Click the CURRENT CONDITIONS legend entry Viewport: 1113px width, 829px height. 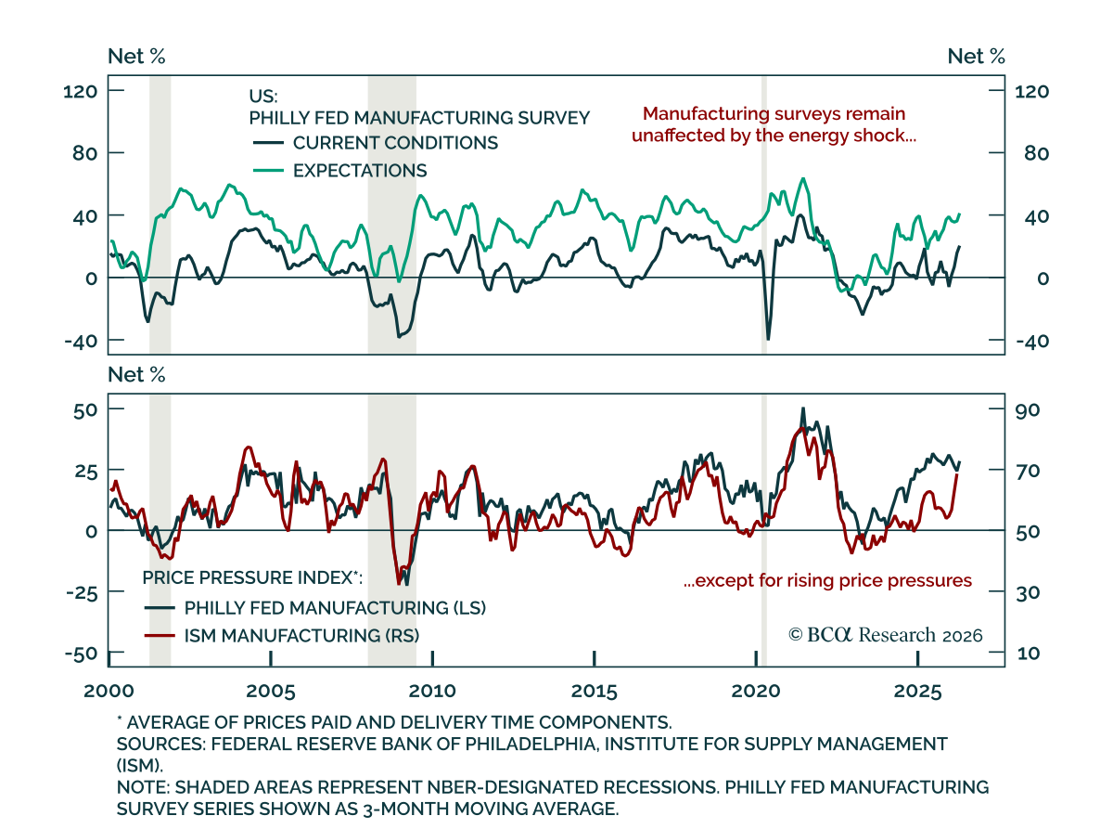coord(376,143)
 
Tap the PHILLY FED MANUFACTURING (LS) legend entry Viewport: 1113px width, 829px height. coord(315,607)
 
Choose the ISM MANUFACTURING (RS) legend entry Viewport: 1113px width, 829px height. coord(282,635)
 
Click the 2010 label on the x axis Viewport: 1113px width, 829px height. coord(432,691)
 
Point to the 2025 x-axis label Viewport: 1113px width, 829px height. coord(917,691)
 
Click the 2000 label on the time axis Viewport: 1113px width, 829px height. coord(109,691)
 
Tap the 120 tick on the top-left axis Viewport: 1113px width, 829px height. coord(81,92)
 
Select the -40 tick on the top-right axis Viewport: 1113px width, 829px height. coord(1032,341)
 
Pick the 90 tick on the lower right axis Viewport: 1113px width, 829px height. coord(1027,410)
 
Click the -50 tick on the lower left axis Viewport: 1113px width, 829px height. coord(82,654)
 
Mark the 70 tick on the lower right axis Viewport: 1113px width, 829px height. coord(1027,471)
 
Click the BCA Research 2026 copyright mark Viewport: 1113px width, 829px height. coord(885,635)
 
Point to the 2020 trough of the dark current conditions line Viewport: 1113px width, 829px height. coord(768,339)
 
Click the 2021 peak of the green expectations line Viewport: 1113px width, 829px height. coord(803,179)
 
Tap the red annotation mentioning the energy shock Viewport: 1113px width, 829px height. coord(774,124)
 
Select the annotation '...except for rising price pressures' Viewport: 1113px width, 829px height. coord(828,580)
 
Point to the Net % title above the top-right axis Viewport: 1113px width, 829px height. coord(976,57)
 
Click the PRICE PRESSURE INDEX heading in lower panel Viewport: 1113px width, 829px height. coord(252,577)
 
